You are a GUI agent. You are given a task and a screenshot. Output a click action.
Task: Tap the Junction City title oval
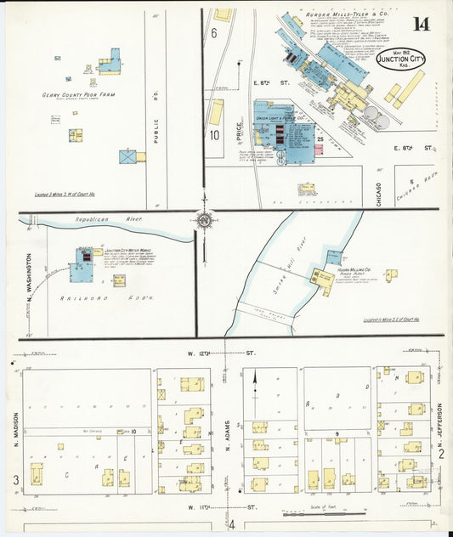[x=400, y=60]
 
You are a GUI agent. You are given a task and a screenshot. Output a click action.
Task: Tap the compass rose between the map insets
[x=204, y=221]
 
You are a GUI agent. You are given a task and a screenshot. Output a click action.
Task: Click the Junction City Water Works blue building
[x=83, y=268]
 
